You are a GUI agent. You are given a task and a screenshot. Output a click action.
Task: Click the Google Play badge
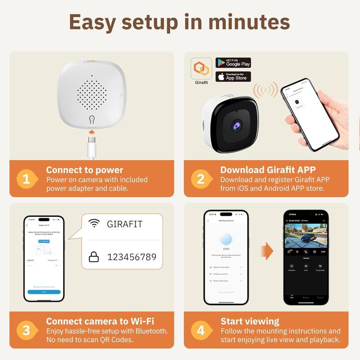pyautogui.click(x=233, y=63)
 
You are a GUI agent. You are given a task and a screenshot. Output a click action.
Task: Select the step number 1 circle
pyautogui.click(x=27, y=179)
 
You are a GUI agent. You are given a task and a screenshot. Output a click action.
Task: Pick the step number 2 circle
pyautogui.click(x=201, y=179)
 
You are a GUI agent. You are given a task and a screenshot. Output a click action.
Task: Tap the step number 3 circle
pyautogui.click(x=27, y=330)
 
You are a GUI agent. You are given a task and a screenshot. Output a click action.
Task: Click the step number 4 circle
pyautogui.click(x=201, y=330)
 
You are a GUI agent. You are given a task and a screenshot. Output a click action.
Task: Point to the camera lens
pyautogui.click(x=236, y=126)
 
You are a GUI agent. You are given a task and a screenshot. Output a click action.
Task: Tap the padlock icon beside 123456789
pyautogui.click(x=94, y=257)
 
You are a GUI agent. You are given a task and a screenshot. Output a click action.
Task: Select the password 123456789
pyautogui.click(x=131, y=257)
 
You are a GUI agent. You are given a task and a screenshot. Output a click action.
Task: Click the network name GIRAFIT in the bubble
pyautogui.click(x=125, y=224)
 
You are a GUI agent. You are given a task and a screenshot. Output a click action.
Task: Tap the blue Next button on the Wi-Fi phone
pyautogui.click(x=44, y=292)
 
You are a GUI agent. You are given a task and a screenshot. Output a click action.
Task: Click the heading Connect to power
pyautogui.click(x=84, y=170)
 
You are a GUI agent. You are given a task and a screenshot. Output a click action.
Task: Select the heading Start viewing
pyautogui.click(x=250, y=321)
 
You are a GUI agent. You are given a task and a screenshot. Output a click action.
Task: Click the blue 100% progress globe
pyautogui.click(x=226, y=239)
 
